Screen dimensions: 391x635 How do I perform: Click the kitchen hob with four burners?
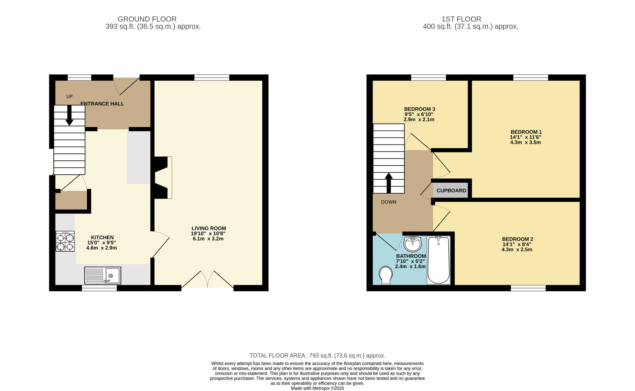click(x=65, y=241)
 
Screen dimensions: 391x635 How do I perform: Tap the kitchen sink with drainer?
click(x=103, y=275)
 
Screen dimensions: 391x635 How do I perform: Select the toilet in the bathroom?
click(x=386, y=275)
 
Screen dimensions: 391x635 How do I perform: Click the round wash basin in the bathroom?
click(x=412, y=244)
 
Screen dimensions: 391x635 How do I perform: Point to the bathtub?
click(x=438, y=260)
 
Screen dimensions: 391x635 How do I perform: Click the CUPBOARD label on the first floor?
click(x=451, y=191)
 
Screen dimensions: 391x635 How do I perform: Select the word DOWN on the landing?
click(x=389, y=202)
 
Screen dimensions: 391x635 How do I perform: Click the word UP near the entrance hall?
click(x=69, y=97)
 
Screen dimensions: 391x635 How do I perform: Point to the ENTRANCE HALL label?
click(x=102, y=104)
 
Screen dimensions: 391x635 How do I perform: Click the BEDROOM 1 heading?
click(x=526, y=132)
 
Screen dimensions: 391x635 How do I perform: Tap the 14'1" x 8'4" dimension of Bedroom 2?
click(x=517, y=245)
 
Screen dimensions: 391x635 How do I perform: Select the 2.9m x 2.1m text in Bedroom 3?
click(x=419, y=120)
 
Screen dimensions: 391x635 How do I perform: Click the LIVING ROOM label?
click(x=209, y=228)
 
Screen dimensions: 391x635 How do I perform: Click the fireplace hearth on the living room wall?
click(x=170, y=178)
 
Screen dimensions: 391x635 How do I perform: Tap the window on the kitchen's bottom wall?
click(x=99, y=288)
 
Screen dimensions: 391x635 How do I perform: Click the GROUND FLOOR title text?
click(x=147, y=19)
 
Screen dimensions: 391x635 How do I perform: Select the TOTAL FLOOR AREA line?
click(x=317, y=356)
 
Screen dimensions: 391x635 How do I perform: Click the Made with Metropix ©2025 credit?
click(x=317, y=388)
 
